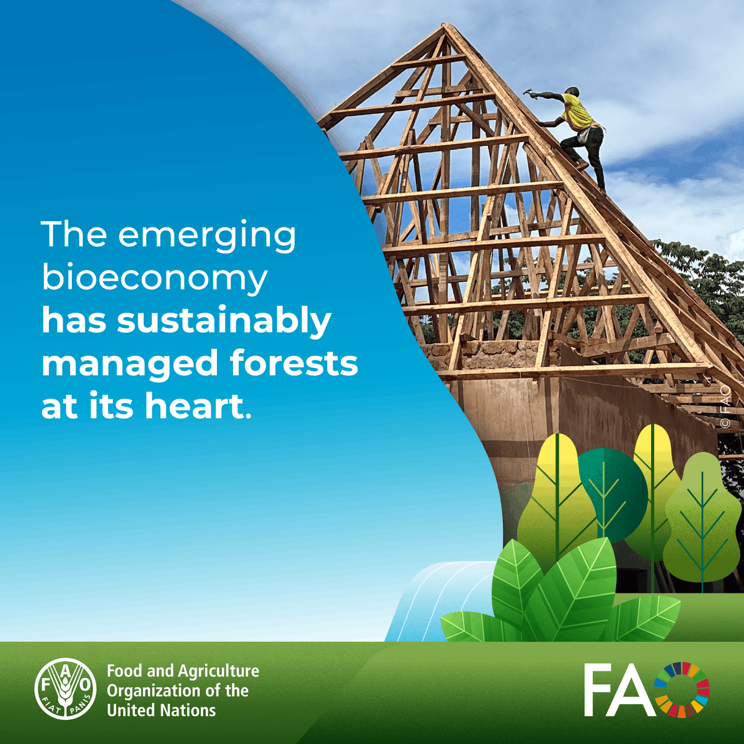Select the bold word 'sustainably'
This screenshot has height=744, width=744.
click(224, 322)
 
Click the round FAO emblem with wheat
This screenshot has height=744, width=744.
click(64, 689)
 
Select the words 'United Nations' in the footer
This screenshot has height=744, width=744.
click(161, 711)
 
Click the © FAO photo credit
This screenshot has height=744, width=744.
click(725, 407)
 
